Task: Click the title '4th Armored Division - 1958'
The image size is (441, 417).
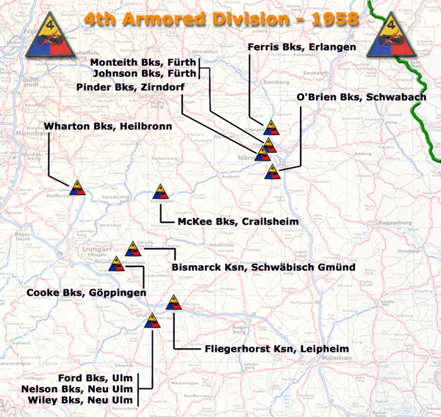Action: [220, 17]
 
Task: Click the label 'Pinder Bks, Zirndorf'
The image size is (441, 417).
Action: [130, 87]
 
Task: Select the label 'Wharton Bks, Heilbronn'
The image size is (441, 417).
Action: [108, 126]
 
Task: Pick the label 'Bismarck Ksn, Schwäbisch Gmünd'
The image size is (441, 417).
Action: [263, 266]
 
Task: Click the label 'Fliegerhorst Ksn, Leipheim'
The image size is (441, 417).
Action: [275, 349]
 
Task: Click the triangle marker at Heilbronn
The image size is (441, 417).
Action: [78, 188]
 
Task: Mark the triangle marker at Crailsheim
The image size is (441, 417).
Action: [162, 194]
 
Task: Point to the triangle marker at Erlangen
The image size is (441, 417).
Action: [271, 128]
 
